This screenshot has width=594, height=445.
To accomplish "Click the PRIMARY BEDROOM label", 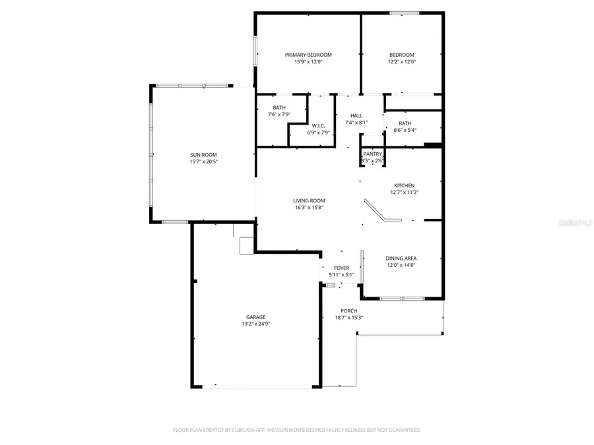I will tap(308, 55).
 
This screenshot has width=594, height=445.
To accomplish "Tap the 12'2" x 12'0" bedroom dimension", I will tap(401, 62).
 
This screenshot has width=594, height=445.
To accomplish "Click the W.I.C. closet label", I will tap(318, 125).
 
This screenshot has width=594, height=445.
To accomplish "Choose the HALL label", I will tap(356, 115).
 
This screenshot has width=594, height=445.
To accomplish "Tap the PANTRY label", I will tap(372, 154).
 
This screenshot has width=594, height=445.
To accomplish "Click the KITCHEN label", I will tap(405, 185).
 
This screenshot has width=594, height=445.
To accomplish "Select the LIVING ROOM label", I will tap(309, 200).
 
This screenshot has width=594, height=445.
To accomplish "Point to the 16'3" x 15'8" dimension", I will tap(309, 208).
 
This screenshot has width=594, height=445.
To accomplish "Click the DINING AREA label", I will tap(401, 258).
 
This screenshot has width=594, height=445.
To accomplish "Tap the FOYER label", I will tap(341, 268).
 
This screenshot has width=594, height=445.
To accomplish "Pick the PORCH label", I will tap(348, 311).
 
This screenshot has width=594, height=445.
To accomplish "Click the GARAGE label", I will tap(256, 317).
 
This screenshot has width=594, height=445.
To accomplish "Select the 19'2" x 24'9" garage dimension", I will tap(256, 324).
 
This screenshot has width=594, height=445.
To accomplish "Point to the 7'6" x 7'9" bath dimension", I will tap(279, 115).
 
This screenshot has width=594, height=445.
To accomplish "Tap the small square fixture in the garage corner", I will tap(246, 245).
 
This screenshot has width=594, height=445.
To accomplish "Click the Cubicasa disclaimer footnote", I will tap(297, 430).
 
